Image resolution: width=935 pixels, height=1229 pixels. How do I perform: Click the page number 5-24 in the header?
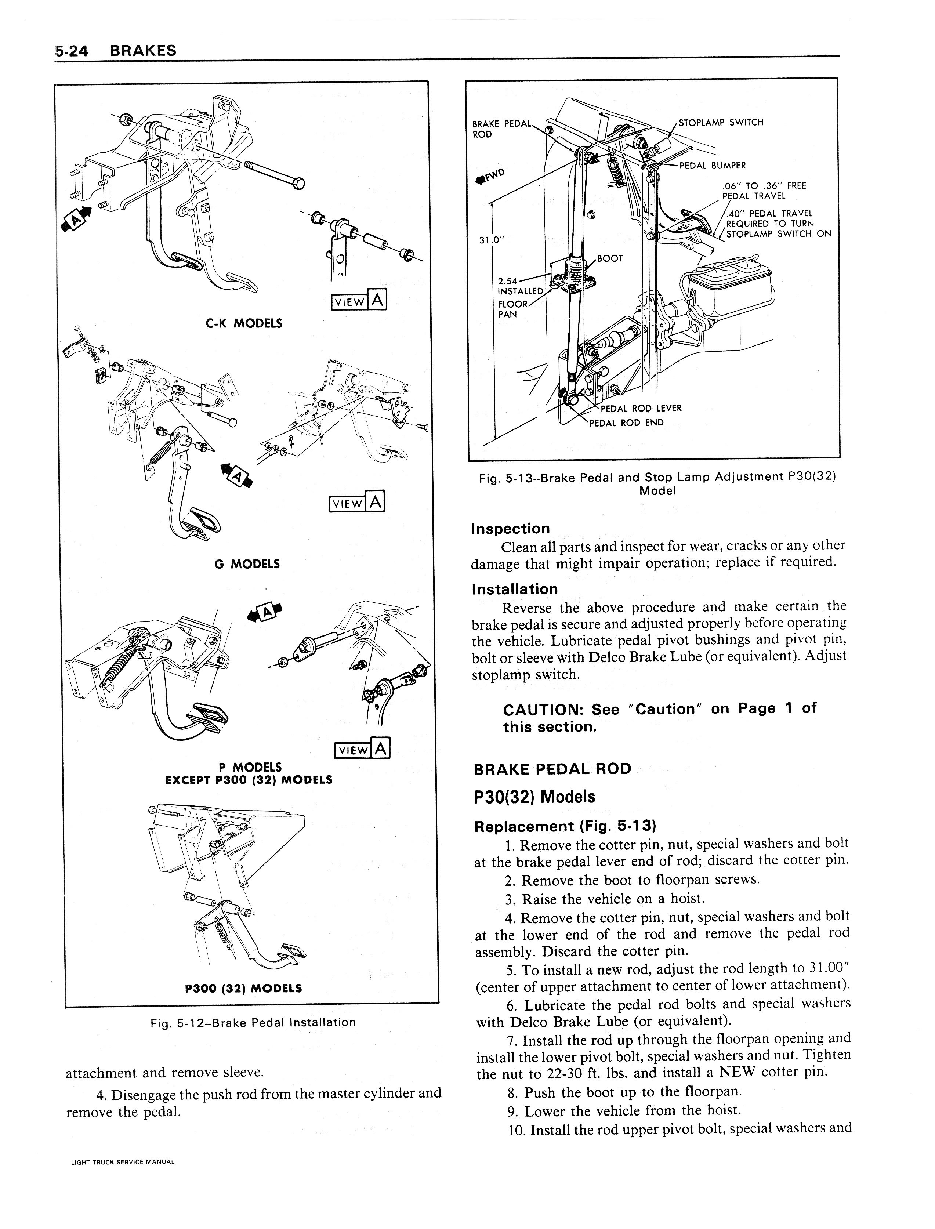72,51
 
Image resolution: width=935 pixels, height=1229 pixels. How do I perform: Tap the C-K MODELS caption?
244,323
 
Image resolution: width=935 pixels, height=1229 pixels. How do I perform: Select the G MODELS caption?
247,564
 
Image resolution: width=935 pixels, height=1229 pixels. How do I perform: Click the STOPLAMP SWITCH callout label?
721,123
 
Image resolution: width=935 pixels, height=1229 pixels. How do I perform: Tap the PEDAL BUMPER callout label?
713,165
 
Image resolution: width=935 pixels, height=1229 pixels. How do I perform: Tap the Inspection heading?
510,528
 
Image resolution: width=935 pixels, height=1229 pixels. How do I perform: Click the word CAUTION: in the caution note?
542,709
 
